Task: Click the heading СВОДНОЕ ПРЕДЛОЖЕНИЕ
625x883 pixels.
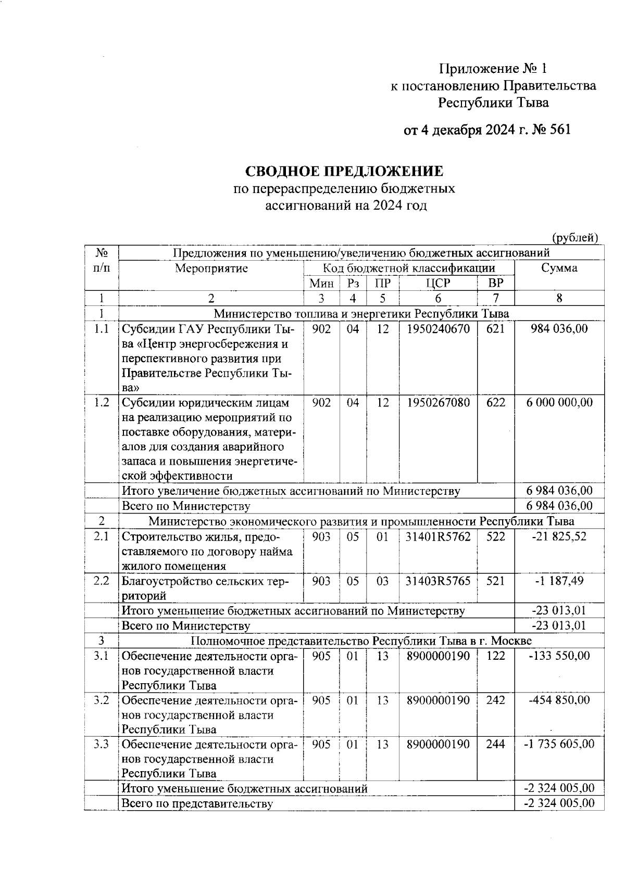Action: [x=344, y=171]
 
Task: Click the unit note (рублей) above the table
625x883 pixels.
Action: [x=574, y=238]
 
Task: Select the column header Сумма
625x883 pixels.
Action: [x=559, y=268]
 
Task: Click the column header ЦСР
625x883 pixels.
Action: [x=438, y=284]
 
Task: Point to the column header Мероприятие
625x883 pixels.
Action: [x=211, y=268]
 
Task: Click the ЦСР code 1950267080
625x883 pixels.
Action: [x=438, y=403]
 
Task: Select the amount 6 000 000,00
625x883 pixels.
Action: [x=559, y=403]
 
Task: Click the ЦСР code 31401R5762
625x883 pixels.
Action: [x=438, y=536]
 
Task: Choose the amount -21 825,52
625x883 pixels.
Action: [x=559, y=536]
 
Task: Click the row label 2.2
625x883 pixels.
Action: [x=101, y=581]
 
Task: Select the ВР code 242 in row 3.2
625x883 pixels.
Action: [x=495, y=700]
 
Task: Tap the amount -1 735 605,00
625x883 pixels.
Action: [x=559, y=745]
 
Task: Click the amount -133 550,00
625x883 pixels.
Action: [x=559, y=656]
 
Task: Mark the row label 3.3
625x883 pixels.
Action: [x=101, y=745]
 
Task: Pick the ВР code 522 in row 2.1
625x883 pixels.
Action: [x=495, y=536]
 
